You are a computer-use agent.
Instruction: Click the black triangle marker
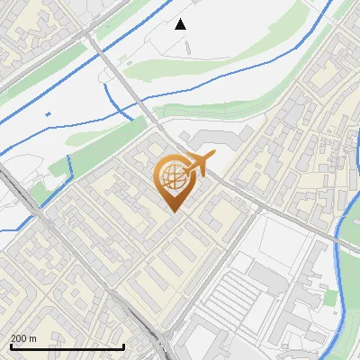[x=181, y=24]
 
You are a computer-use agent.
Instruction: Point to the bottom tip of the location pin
[x=172, y=212]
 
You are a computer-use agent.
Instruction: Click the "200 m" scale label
[x=23, y=338]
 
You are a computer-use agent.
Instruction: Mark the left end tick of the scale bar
[x=11, y=346]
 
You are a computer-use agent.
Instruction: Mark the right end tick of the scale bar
[x=123, y=346]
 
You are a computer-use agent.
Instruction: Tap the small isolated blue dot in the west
[x=48, y=114]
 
